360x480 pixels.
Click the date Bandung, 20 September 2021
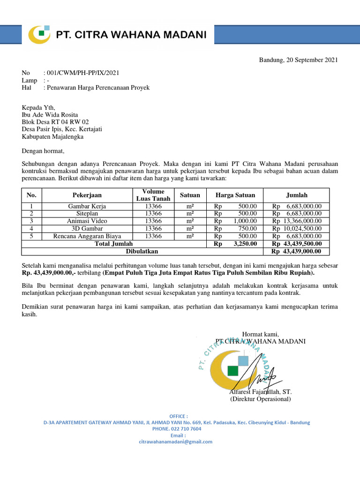click(x=298, y=60)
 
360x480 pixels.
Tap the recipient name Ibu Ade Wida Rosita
click(x=50, y=115)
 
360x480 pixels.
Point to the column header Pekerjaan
click(x=87, y=195)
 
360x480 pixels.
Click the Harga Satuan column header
click(x=235, y=195)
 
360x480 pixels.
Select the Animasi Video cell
click(x=87, y=221)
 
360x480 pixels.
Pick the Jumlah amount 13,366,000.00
click(x=302, y=221)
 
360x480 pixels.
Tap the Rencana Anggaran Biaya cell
click(x=87, y=236)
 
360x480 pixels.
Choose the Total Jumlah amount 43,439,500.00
click(x=302, y=244)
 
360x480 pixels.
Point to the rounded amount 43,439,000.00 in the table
click(x=302, y=252)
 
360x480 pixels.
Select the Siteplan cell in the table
click(x=87, y=213)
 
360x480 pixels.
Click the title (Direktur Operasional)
click(x=260, y=399)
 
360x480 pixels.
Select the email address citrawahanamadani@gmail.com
click(x=176, y=442)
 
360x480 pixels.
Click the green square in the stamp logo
click(x=232, y=370)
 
